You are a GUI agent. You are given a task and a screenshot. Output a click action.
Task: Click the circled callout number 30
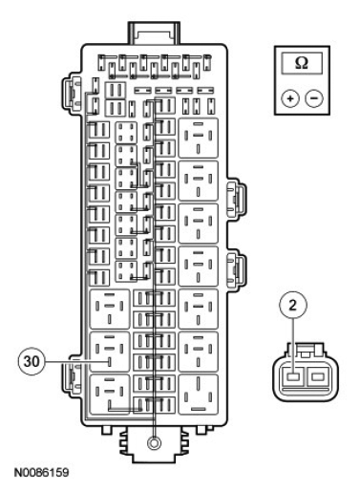(32, 362)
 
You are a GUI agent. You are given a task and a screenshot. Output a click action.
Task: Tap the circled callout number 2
(293, 305)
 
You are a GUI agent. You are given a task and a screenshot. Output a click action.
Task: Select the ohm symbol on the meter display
(302, 63)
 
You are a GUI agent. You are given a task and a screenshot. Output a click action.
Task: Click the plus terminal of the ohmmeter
(290, 98)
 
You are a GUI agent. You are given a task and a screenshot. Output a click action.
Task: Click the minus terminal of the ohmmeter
(314, 98)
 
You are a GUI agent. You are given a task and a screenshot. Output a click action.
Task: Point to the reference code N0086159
(41, 472)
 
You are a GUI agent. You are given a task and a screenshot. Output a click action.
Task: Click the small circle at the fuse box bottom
(155, 442)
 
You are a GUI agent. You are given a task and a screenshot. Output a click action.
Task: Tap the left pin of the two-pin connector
(293, 377)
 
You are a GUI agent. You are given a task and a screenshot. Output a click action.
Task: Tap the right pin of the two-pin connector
(318, 377)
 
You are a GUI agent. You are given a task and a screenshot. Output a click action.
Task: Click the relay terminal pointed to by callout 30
(110, 362)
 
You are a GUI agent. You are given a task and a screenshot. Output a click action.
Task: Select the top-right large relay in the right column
(199, 138)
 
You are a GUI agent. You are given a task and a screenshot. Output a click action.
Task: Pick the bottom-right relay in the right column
(199, 395)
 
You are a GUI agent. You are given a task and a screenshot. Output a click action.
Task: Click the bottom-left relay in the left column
(110, 395)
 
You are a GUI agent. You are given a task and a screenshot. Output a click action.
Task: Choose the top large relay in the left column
(110, 309)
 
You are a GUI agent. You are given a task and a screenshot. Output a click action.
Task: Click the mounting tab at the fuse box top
(154, 32)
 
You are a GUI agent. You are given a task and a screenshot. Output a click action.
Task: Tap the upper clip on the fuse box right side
(236, 198)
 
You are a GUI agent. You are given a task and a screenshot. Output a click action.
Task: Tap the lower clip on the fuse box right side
(236, 267)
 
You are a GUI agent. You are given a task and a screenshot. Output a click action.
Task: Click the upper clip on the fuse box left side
(71, 93)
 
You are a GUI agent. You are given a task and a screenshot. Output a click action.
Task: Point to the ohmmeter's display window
(302, 63)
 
